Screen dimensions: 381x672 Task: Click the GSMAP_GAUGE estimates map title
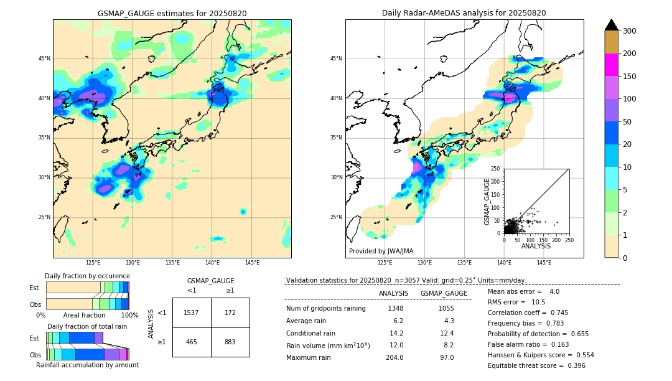(172, 13)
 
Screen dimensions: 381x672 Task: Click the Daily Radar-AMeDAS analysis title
(464, 13)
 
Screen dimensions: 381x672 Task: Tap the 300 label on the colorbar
(630, 31)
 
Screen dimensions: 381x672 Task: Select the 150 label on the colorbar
(630, 77)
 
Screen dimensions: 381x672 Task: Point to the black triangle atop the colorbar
(612, 25)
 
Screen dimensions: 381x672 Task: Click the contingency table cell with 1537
(192, 313)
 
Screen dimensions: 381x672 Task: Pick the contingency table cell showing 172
(230, 313)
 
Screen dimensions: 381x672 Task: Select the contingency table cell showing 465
(192, 342)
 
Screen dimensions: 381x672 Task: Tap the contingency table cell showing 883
(230, 342)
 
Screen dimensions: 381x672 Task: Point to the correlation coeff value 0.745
(555, 313)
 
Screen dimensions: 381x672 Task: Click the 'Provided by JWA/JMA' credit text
(381, 252)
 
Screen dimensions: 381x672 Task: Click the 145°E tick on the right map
(544, 263)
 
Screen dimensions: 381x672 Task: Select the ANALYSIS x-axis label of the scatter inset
(536, 246)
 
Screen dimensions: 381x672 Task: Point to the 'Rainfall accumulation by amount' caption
(87, 365)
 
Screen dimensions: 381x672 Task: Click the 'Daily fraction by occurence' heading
(87, 276)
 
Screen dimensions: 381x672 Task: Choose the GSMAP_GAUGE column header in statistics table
(444, 293)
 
